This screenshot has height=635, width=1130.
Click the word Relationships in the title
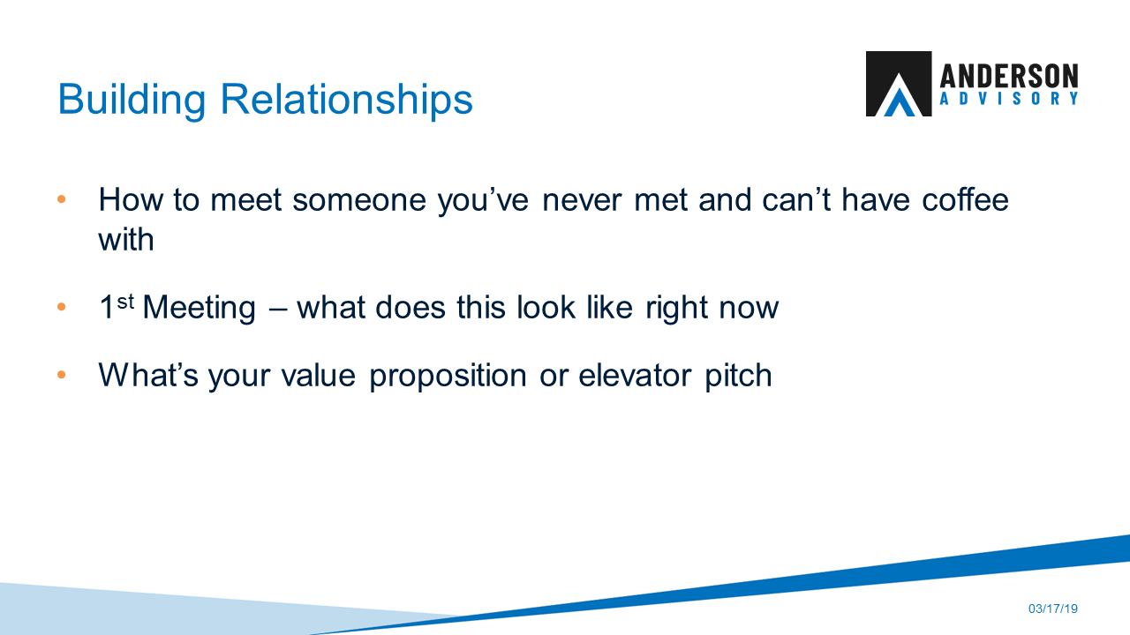347,99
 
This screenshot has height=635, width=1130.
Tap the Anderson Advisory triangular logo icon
898,84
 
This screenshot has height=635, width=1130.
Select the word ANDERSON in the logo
1009,75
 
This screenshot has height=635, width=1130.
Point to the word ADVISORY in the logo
1009,100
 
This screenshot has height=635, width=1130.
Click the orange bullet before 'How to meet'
62,200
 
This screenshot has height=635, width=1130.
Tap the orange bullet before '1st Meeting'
62,309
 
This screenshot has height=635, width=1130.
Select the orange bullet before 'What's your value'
62,376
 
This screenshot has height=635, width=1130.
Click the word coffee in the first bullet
965,200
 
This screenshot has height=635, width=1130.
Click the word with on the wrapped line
126,239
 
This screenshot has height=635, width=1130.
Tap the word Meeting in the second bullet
199,309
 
